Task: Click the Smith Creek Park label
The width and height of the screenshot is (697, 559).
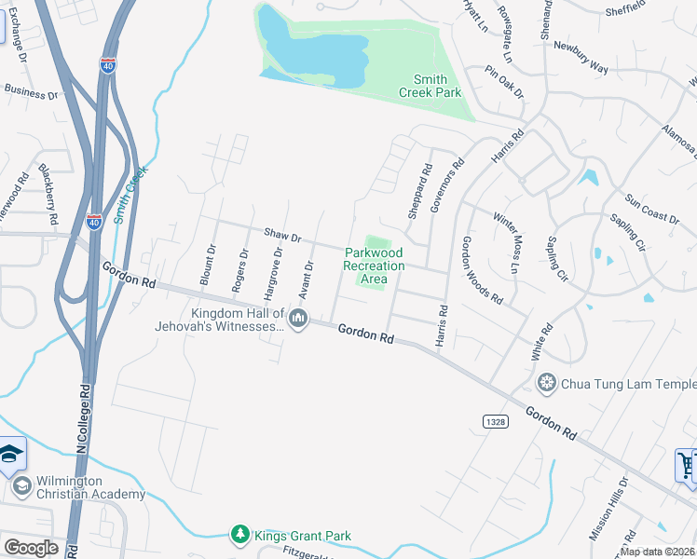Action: (430, 87)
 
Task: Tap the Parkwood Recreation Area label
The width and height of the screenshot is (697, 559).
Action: (374, 266)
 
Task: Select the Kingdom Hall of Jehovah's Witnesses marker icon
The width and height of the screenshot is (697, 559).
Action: (298, 319)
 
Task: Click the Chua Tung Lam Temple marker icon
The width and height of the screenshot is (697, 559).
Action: (546, 384)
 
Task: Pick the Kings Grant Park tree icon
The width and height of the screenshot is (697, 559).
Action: (240, 535)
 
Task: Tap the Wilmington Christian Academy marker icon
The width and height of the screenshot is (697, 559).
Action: (20, 484)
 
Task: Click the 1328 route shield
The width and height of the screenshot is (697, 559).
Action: (496, 422)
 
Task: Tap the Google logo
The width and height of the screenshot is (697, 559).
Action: (31, 548)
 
